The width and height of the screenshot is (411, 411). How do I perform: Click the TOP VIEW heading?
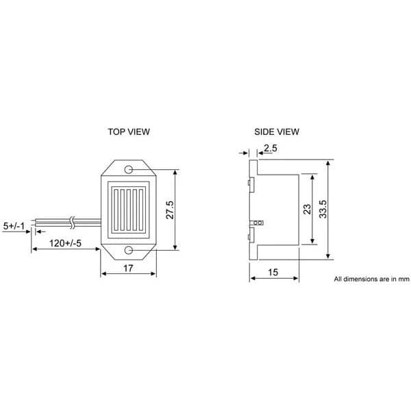click(129, 132)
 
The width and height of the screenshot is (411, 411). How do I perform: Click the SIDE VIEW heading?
click(277, 132)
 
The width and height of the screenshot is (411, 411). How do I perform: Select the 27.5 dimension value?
click(170, 210)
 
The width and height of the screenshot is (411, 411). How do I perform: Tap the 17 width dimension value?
click(128, 268)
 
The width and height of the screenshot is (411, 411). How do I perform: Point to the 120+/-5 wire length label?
click(65, 243)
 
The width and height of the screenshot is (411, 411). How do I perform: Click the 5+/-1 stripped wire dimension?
click(14, 226)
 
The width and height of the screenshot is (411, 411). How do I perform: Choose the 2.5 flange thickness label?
click(271, 149)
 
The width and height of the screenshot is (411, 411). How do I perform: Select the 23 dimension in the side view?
click(307, 209)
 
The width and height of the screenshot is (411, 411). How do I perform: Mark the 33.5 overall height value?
click(323, 209)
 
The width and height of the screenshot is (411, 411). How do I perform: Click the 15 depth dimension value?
click(273, 273)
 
